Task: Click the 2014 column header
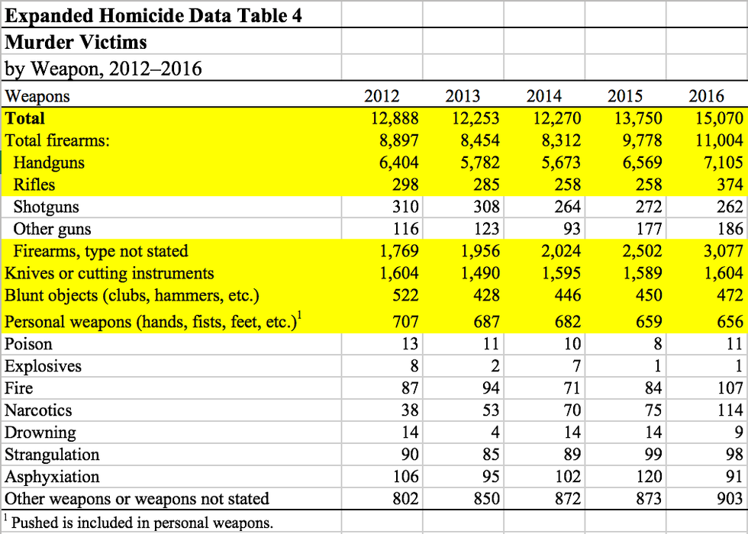(x=544, y=96)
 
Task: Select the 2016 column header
(x=707, y=96)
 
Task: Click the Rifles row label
(x=34, y=185)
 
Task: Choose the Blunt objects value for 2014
(x=565, y=295)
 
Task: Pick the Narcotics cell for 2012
(x=410, y=410)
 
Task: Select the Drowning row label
(x=40, y=433)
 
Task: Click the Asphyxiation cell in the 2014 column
(x=566, y=477)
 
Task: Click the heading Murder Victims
(x=76, y=42)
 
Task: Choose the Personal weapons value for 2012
(x=405, y=322)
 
